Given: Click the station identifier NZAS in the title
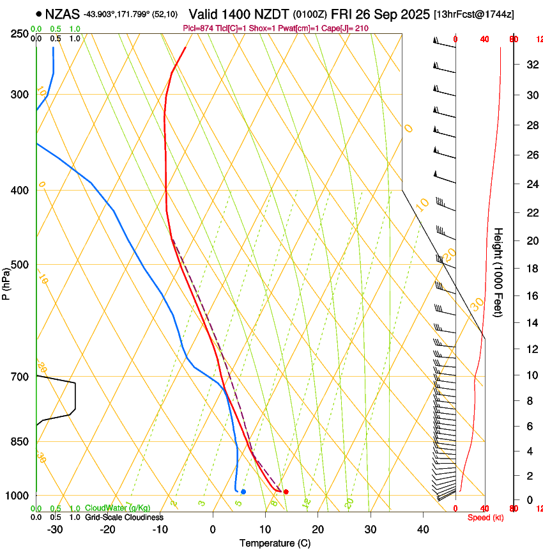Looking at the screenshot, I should (63, 13).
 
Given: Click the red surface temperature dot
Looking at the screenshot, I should (286, 492).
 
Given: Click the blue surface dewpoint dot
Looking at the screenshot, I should (243, 492).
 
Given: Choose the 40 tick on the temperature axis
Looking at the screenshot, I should (422, 529).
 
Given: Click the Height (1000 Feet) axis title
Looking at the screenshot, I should (498, 272).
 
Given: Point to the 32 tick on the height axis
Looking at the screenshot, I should (530, 65).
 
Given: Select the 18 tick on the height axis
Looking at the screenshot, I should (530, 269).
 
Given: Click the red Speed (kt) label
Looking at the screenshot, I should (485, 517).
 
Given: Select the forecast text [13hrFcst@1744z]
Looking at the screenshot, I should (473, 14).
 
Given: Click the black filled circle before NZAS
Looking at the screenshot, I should (40, 13).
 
